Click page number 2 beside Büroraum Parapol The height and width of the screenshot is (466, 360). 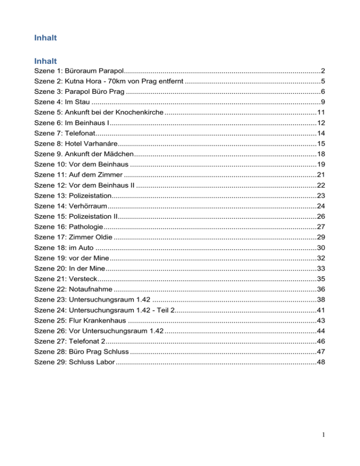pos(323,71)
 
